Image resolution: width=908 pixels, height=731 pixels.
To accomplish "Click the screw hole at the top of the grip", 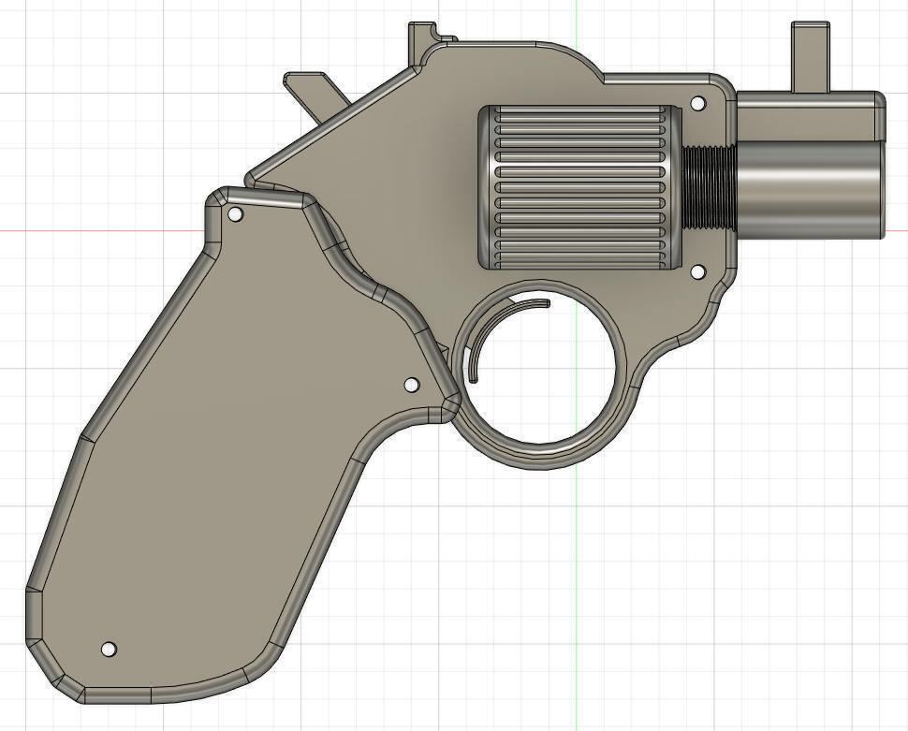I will [236, 215].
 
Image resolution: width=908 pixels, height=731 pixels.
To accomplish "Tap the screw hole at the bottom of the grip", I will [109, 649].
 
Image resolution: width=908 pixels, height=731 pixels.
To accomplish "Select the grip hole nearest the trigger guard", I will [410, 385].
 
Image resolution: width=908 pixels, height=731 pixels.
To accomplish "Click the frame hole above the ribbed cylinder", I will [696, 103].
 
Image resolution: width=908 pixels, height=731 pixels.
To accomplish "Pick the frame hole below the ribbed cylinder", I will [696, 271].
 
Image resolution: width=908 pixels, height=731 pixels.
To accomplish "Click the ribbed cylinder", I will [580, 187].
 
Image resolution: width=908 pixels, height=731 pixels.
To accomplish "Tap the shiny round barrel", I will [810, 187].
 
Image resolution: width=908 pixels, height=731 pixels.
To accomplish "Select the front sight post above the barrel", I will [811, 56].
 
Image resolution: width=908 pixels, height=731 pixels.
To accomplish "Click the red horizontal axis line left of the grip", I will [94, 230].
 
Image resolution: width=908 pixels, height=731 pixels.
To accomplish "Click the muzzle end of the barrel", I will [882, 187].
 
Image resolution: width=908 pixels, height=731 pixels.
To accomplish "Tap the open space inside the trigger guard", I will [548, 374].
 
